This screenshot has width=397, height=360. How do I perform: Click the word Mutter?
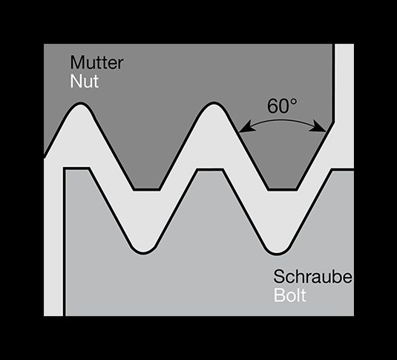click(97, 62)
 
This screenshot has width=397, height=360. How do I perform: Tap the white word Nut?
click(85, 81)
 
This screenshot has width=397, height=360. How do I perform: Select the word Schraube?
click(313, 276)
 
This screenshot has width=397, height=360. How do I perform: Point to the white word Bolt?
click(290, 295)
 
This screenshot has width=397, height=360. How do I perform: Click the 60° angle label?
click(281, 106)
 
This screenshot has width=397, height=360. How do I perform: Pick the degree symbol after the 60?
click(293, 102)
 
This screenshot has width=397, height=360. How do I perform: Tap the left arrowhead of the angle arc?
click(245, 127)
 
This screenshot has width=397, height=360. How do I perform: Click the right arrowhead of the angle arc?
click(320, 127)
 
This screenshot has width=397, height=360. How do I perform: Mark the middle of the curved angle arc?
click(282, 121)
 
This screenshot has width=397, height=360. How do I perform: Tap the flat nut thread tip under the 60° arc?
click(282, 189)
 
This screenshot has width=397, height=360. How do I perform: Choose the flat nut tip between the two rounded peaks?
click(147, 189)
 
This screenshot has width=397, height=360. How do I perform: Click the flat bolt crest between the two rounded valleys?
click(210, 169)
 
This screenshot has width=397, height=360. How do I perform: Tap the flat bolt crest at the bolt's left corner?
click(76, 168)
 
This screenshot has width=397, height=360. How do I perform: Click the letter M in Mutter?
click(76, 62)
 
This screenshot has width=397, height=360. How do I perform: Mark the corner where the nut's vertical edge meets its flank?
click(334, 122)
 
